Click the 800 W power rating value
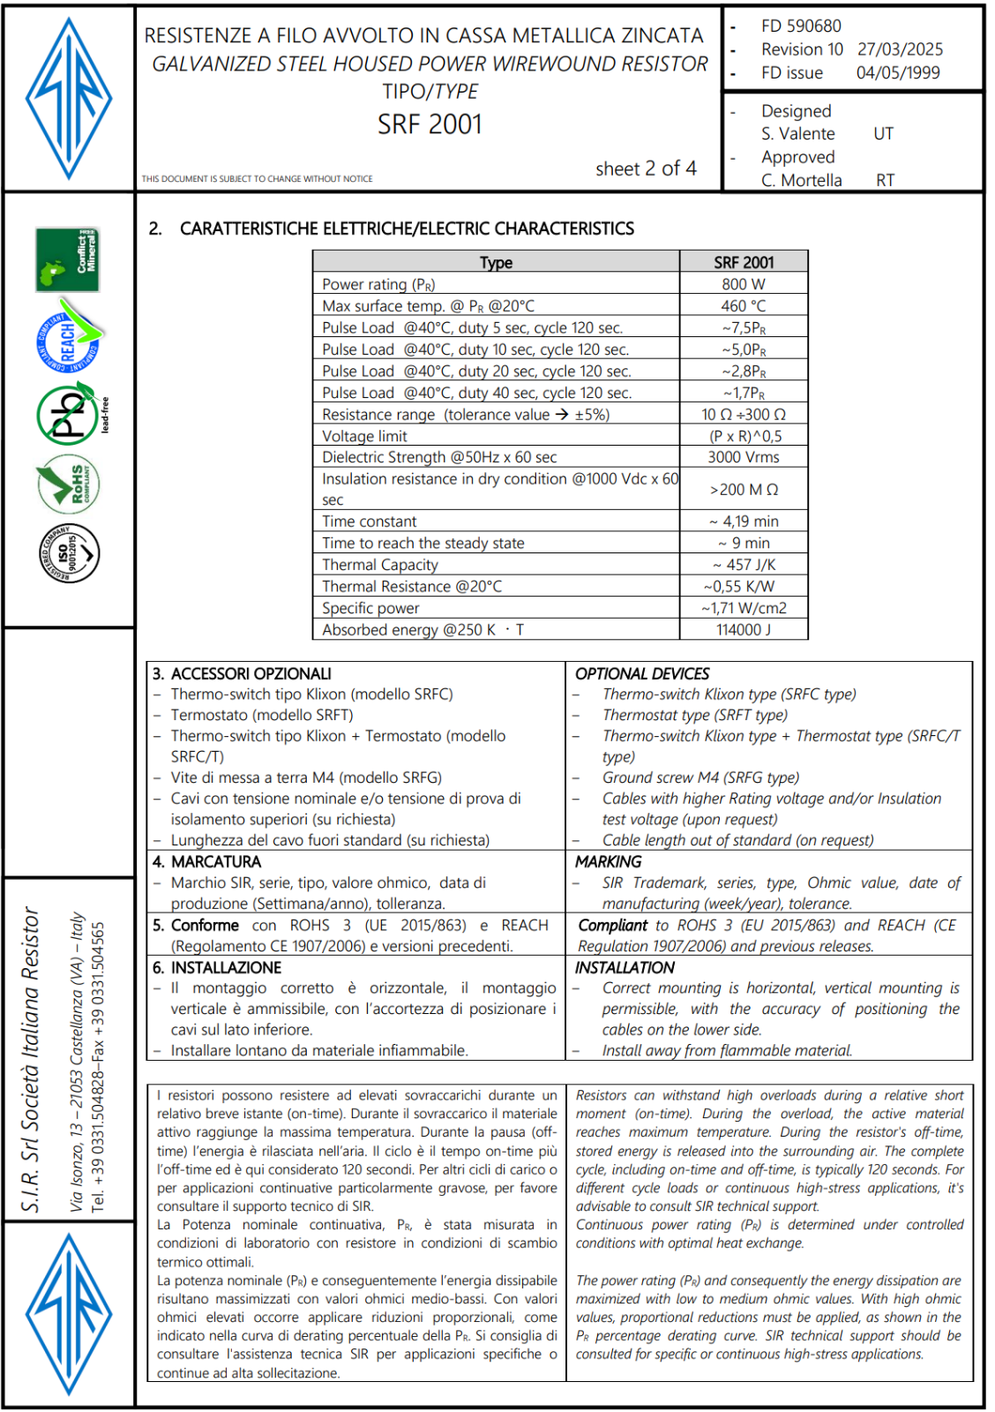click(x=744, y=284)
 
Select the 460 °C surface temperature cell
click(x=744, y=306)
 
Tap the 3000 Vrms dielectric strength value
click(x=744, y=457)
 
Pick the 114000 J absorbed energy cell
click(x=744, y=630)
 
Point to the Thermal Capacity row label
click(x=380, y=565)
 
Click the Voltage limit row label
click(x=364, y=436)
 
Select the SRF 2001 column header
click(x=744, y=262)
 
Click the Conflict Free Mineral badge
click(x=67, y=260)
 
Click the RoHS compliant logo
click(x=69, y=484)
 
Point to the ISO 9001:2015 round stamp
click(x=69, y=553)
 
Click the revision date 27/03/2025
click(x=900, y=49)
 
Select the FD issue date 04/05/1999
click(x=898, y=73)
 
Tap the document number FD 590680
click(x=801, y=26)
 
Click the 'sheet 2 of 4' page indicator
click(x=646, y=169)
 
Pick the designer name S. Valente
click(x=798, y=134)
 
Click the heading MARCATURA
click(x=216, y=862)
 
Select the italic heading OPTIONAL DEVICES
click(x=642, y=674)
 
